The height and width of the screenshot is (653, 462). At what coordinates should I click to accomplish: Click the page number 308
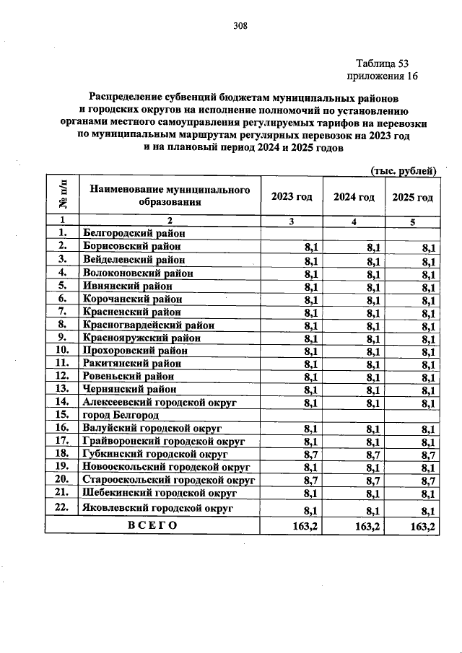coord(240,27)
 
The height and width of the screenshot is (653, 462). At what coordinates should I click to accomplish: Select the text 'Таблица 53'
coord(383,63)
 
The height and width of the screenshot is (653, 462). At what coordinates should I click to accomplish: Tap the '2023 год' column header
coord(292,198)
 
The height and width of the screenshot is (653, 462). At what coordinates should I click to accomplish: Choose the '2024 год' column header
coord(354,198)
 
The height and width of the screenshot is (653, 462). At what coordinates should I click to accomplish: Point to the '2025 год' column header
coord(413,198)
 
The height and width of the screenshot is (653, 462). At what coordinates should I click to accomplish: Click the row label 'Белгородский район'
coord(134,233)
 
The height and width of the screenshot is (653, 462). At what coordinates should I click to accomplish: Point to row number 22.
coord(62,507)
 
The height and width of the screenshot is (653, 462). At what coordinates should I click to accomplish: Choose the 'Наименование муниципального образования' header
coord(170,196)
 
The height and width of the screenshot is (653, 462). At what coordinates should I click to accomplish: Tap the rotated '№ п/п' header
coord(62,196)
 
